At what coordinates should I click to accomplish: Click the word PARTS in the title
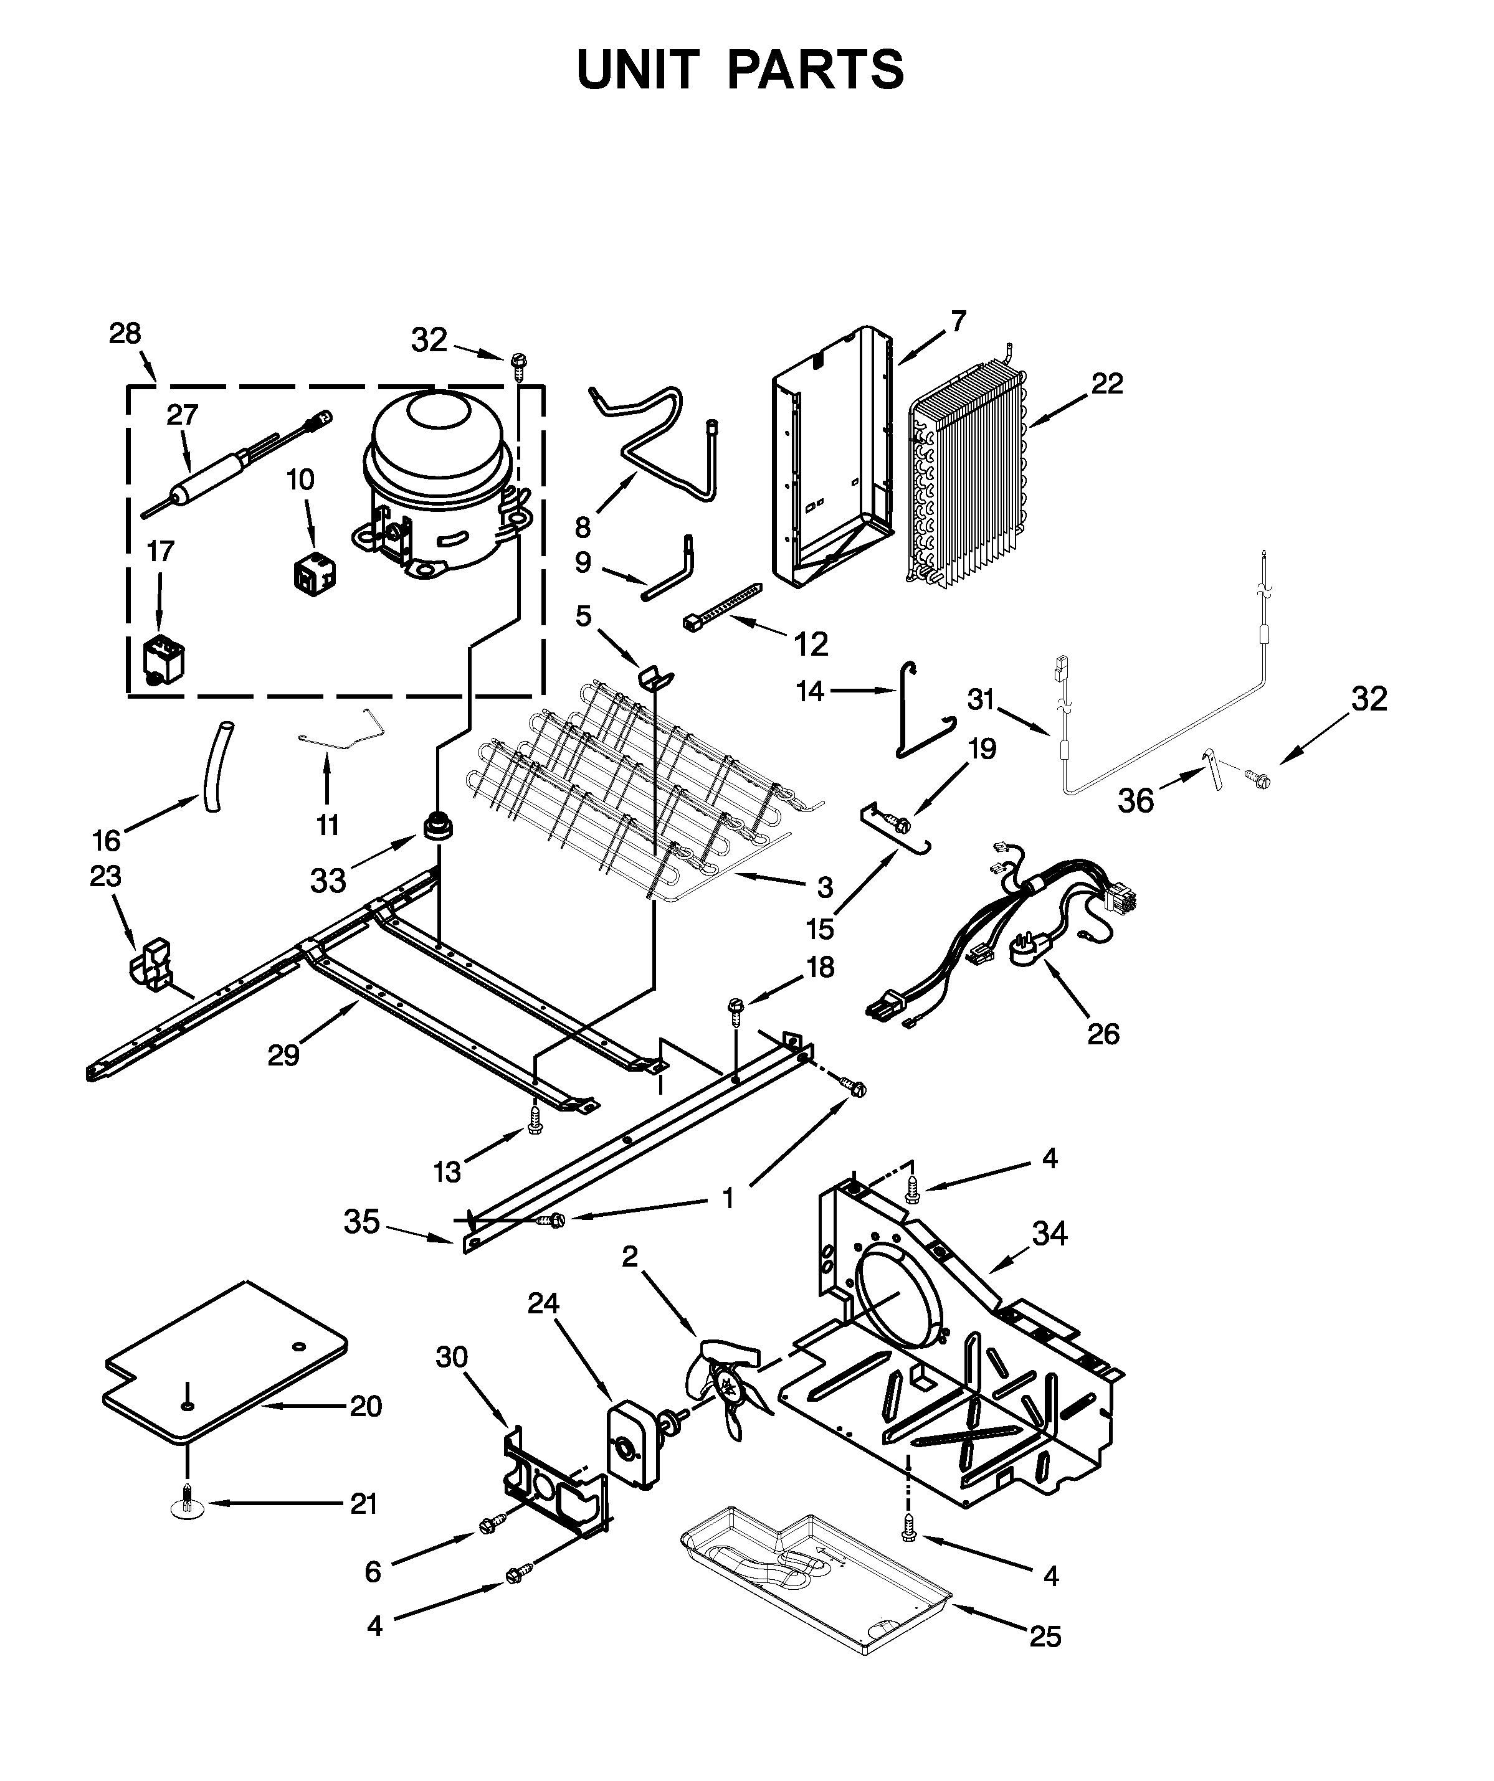click(x=816, y=70)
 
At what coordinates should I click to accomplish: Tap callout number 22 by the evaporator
click(x=1106, y=384)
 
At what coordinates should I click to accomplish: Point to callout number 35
click(x=361, y=1222)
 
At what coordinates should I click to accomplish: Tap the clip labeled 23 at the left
click(x=150, y=963)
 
